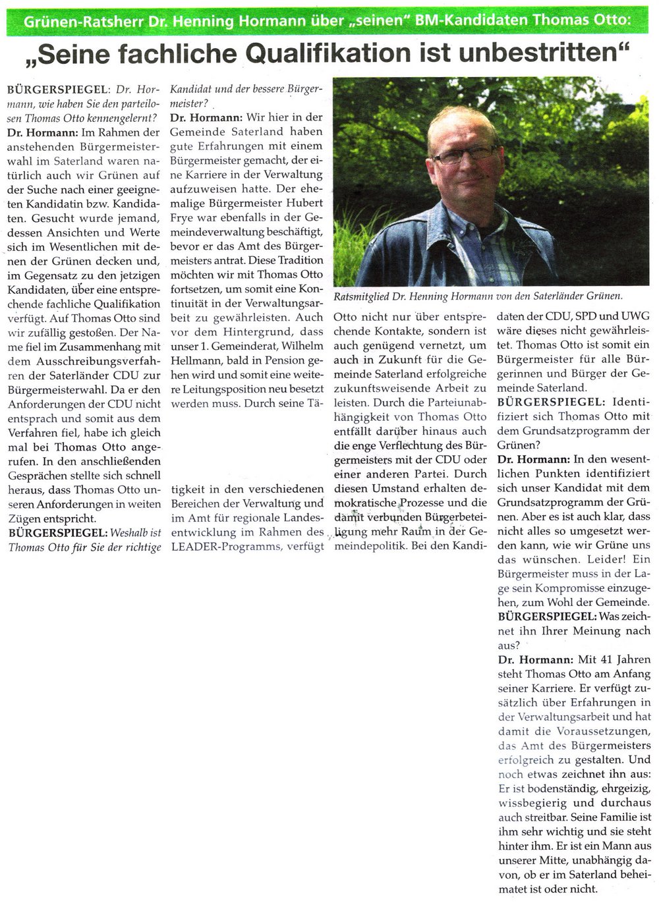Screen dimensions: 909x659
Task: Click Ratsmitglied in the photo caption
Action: (361, 296)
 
